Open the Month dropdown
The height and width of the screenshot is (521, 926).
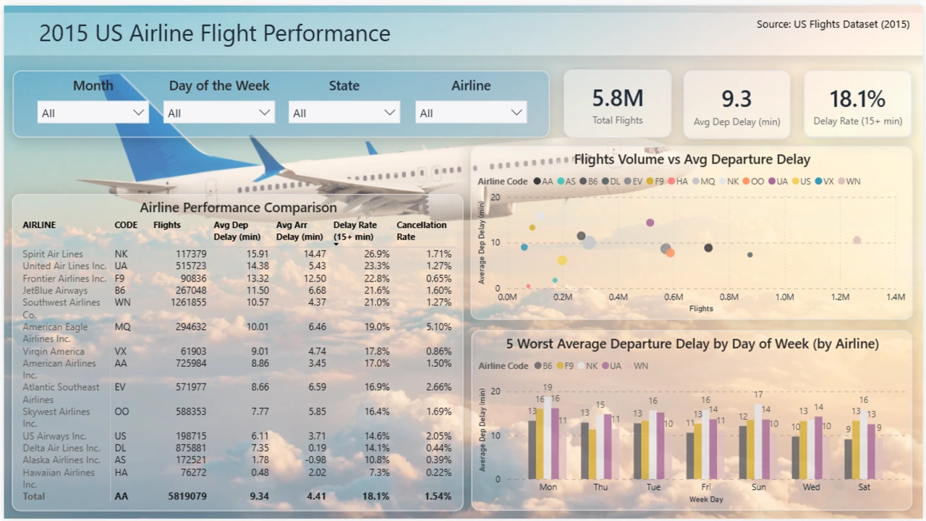point(93,113)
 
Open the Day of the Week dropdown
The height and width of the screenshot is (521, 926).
point(218,113)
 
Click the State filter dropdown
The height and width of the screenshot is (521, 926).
point(344,113)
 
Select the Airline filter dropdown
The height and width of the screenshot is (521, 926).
point(470,113)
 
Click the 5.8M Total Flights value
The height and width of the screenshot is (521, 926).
point(617,98)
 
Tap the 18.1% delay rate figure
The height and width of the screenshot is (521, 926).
point(857,99)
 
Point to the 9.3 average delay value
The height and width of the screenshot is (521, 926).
point(736,98)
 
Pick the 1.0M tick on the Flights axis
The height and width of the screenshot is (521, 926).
point(784,297)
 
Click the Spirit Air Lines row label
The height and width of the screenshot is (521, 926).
point(53,254)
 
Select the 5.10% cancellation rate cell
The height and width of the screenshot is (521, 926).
point(438,326)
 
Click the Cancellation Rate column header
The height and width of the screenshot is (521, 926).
point(421,230)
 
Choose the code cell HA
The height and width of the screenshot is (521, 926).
point(121,473)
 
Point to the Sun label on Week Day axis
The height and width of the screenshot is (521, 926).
point(758,487)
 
